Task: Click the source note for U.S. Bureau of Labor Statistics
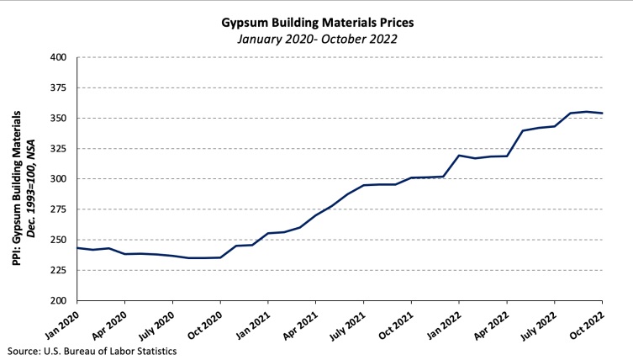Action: [x=92, y=351]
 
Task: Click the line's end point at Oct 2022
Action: [x=603, y=113]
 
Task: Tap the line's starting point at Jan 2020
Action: [x=77, y=247]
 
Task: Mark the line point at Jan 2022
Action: [x=460, y=155]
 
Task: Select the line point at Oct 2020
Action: [x=220, y=257]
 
